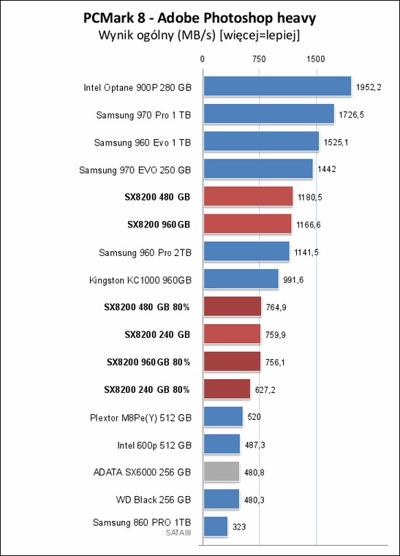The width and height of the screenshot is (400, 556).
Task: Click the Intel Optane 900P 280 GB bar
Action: click(x=277, y=86)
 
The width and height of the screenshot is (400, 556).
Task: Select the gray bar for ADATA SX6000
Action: click(x=222, y=472)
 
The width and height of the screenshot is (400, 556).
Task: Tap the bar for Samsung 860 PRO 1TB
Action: click(x=216, y=527)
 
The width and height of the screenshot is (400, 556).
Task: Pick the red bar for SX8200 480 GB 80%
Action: click(x=233, y=307)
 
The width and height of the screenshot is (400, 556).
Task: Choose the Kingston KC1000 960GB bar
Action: click(x=241, y=279)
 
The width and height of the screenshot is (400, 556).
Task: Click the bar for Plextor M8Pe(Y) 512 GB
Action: click(x=223, y=416)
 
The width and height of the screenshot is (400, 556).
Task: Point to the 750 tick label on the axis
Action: click(x=259, y=59)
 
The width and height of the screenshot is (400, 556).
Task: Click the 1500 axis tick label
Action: click(x=316, y=59)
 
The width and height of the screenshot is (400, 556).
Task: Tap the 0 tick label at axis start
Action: click(x=203, y=59)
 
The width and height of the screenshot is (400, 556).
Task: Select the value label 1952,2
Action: click(x=369, y=87)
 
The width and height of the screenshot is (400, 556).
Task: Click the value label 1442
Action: click(x=327, y=169)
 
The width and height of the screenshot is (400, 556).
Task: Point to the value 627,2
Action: click(x=265, y=390)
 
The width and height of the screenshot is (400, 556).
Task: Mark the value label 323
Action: click(x=239, y=527)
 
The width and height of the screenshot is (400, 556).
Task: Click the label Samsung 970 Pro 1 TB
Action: click(x=143, y=115)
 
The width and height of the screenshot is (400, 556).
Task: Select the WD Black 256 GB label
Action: click(x=154, y=500)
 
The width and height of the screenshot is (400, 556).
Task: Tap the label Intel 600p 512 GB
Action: click(x=154, y=445)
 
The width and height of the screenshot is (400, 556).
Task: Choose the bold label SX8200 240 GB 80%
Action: click(x=147, y=389)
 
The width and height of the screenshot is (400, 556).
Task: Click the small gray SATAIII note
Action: click(x=178, y=533)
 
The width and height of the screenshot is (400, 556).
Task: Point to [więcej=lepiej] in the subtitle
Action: click(x=260, y=35)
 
